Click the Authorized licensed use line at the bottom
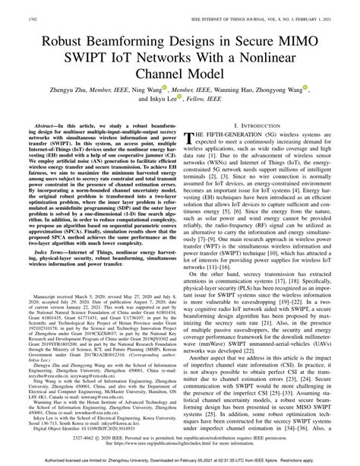pos(180,460)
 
